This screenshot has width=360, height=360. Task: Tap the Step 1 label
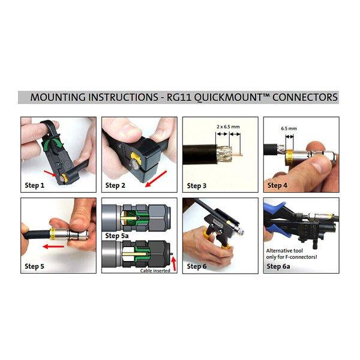[34, 185]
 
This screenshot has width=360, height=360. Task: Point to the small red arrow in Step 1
[50, 173]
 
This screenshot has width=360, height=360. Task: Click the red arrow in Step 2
[155, 179]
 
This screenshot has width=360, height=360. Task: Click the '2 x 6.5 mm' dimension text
[228, 127]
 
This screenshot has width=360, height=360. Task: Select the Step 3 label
[197, 185]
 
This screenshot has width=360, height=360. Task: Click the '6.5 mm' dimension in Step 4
[289, 128]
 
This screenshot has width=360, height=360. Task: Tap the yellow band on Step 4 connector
[289, 158]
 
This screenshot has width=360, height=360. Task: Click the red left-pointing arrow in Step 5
[53, 247]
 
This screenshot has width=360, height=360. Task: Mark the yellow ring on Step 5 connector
[53, 234]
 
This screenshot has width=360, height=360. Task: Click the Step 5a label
[116, 236]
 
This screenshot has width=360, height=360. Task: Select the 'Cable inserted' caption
[155, 271]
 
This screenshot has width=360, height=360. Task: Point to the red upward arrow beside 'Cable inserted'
[174, 263]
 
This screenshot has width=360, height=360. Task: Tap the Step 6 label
[197, 266]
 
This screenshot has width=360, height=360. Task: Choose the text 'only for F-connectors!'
[292, 257]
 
